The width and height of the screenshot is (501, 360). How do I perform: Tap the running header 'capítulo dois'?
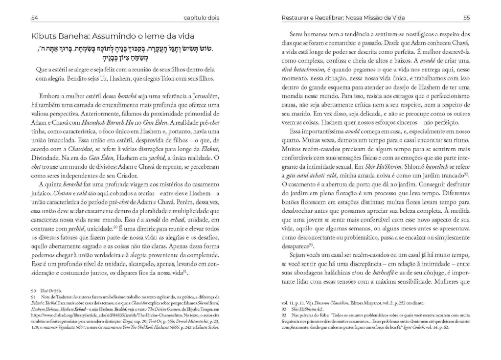(201, 18)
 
